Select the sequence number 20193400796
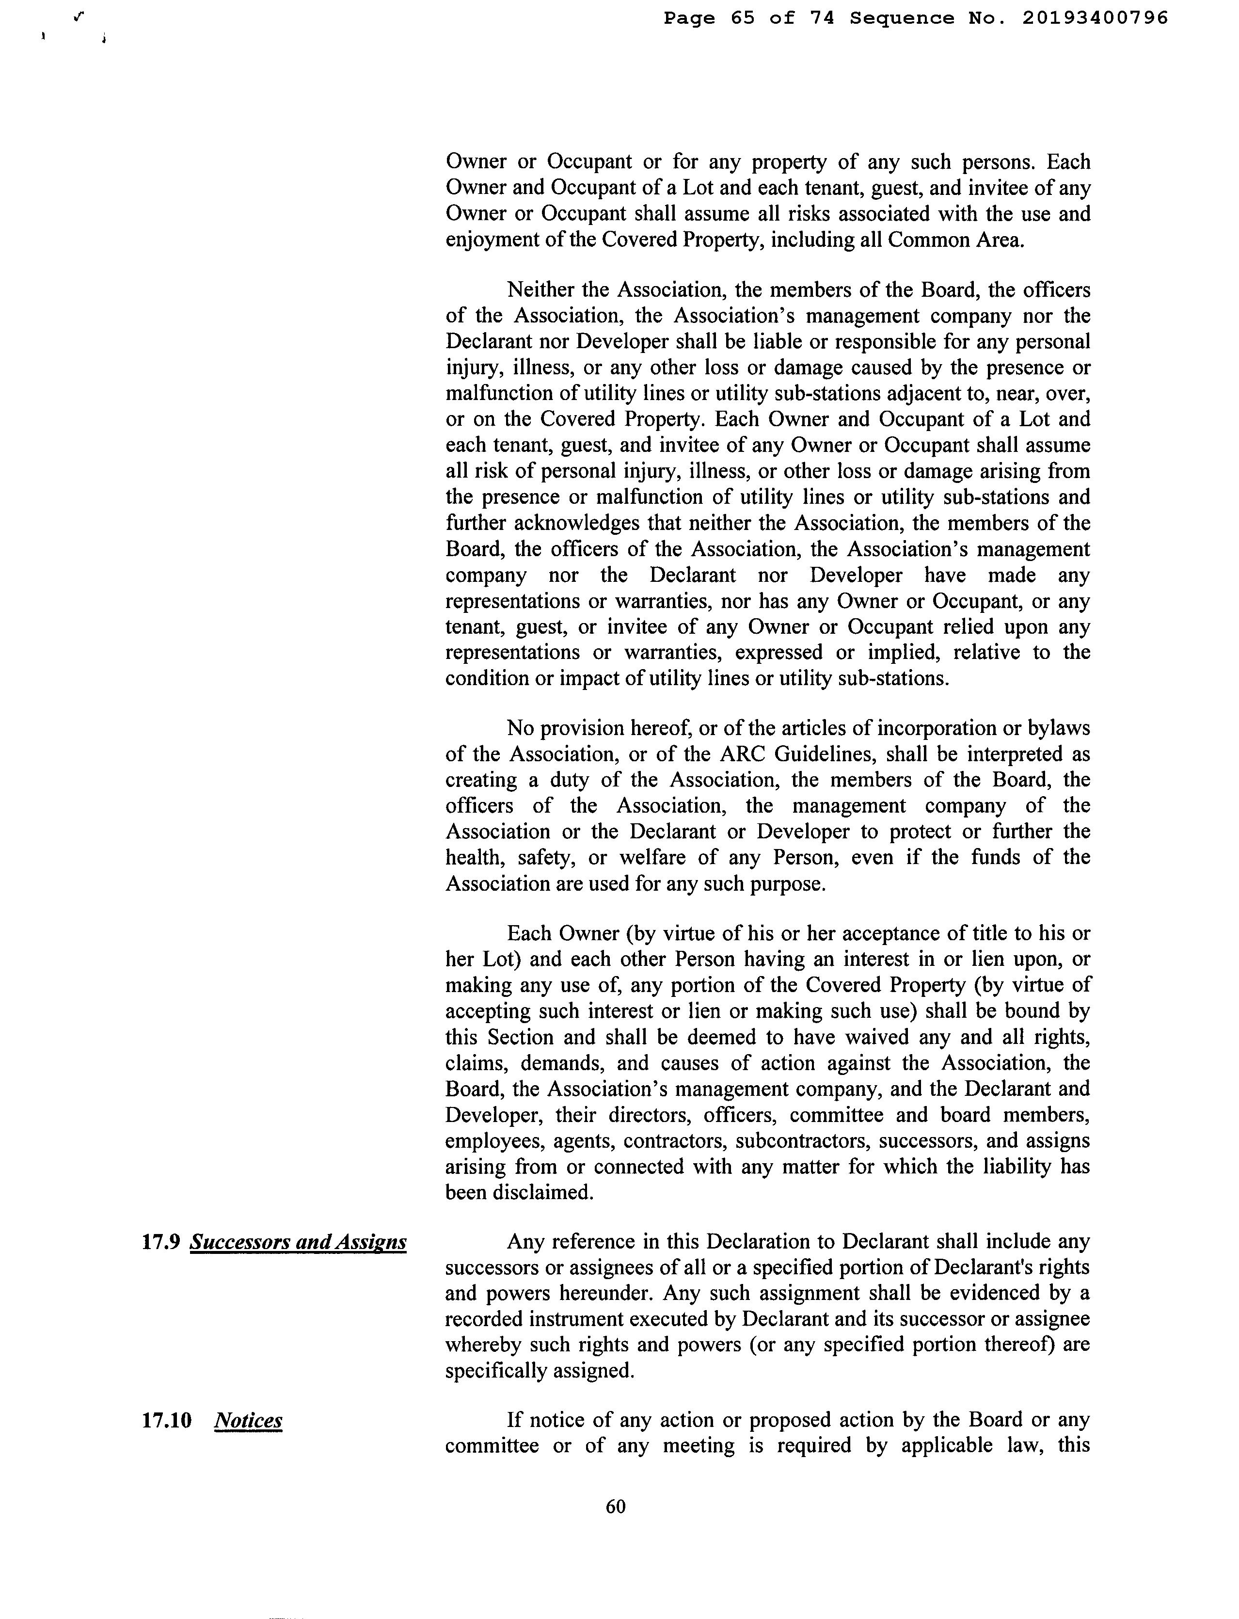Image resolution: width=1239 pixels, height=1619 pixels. pyautogui.click(x=1095, y=18)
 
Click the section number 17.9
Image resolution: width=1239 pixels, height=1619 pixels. pyautogui.click(x=161, y=1242)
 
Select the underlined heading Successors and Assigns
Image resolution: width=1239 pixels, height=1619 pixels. pyautogui.click(x=298, y=1243)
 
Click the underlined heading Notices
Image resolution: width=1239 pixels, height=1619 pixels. pyautogui.click(x=248, y=1421)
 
